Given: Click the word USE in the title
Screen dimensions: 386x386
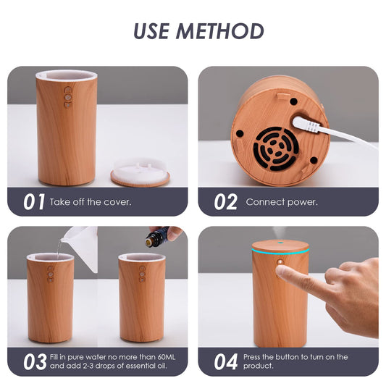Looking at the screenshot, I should [x=153, y=30].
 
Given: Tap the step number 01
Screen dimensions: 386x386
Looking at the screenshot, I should [x=33, y=202].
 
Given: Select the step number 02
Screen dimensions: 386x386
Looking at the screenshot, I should [x=225, y=202].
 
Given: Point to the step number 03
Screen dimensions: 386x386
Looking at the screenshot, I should [x=33, y=361].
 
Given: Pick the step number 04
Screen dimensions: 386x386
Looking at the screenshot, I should [x=225, y=361].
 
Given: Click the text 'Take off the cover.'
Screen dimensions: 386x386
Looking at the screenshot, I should [x=91, y=202].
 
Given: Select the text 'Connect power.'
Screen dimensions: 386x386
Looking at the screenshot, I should [x=282, y=202].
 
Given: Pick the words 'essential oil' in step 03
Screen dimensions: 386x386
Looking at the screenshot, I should [x=142, y=366].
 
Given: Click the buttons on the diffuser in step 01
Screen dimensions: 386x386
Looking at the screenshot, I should [x=68, y=97].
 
